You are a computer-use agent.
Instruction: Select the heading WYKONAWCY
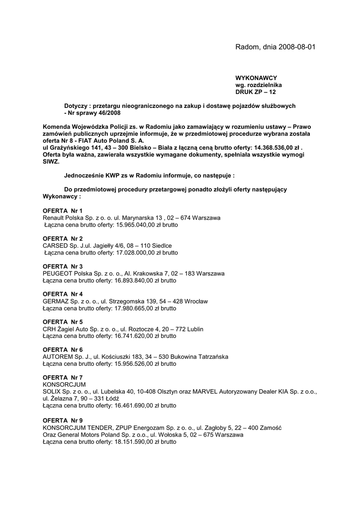click(x=256, y=78)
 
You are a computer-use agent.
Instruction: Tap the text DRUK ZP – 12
click(x=256, y=92)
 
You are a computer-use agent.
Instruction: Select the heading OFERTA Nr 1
click(x=63, y=211)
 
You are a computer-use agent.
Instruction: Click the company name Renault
click(x=54, y=218)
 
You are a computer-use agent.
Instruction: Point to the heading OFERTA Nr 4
click(x=63, y=294)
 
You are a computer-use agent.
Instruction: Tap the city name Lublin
click(x=194, y=329)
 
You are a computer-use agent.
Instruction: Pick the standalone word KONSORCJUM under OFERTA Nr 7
click(x=64, y=385)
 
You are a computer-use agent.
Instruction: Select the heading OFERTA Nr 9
click(x=63, y=421)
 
